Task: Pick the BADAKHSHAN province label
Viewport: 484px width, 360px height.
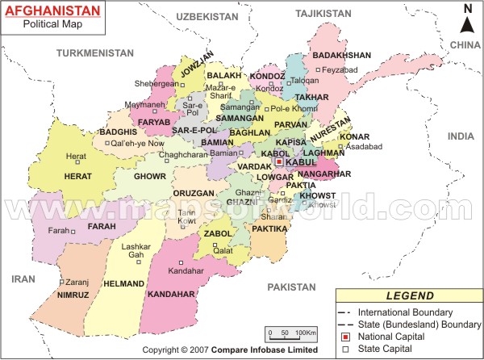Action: (x=341, y=55)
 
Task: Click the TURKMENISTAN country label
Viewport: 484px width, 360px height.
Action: (x=94, y=52)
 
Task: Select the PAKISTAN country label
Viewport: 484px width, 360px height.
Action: (x=292, y=287)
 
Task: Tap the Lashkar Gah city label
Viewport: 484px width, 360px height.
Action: (x=136, y=251)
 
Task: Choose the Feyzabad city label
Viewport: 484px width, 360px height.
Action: (x=340, y=70)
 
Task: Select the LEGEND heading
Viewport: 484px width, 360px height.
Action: (x=410, y=296)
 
